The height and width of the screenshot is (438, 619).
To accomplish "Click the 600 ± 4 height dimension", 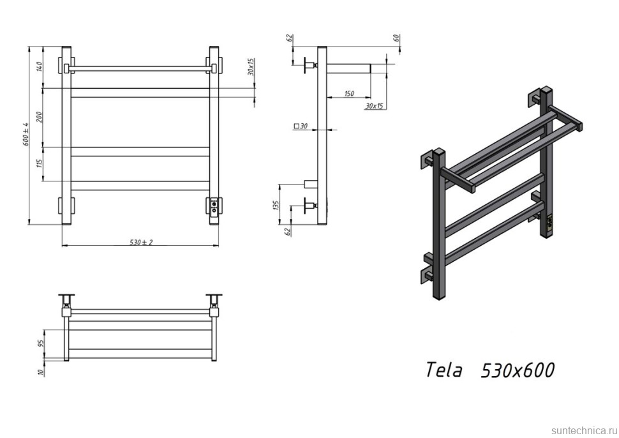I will (x=26, y=135).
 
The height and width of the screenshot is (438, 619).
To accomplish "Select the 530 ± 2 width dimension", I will (x=141, y=242).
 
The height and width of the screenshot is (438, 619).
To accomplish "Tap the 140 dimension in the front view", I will (x=39, y=66).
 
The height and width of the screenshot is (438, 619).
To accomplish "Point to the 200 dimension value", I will (x=39, y=117).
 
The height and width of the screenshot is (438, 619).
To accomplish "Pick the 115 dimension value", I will (x=39, y=164).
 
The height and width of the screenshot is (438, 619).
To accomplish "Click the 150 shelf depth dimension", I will (x=348, y=94).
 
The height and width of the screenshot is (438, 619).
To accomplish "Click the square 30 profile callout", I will (x=301, y=126).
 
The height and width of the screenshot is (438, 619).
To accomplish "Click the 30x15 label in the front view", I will (x=251, y=66).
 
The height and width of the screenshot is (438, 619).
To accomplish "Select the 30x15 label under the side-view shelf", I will (x=374, y=106).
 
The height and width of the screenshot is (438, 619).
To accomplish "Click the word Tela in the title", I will (x=444, y=370).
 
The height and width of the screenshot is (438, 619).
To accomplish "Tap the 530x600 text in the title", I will (x=517, y=370).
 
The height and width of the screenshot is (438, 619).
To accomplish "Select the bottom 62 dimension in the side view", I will (x=288, y=231).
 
